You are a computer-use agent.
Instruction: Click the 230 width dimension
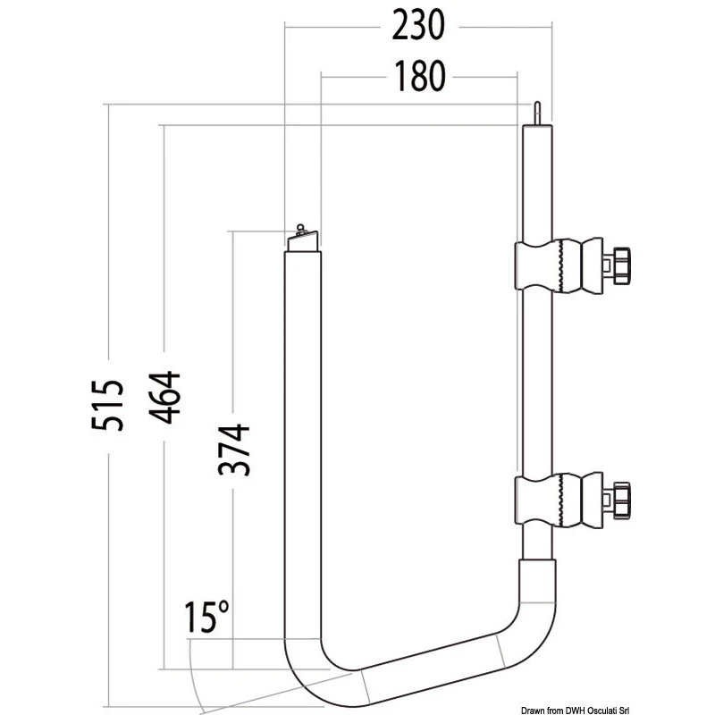417,26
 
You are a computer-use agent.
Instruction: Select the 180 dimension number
419,77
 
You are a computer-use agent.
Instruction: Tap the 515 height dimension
107,405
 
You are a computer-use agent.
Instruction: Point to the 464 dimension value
164,398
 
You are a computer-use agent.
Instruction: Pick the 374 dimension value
234,450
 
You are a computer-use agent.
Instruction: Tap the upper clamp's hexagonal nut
622,266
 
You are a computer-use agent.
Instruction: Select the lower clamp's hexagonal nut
622,500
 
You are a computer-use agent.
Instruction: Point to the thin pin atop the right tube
537,114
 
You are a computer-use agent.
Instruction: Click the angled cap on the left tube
303,241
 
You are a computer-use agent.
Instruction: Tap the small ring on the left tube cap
299,227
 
